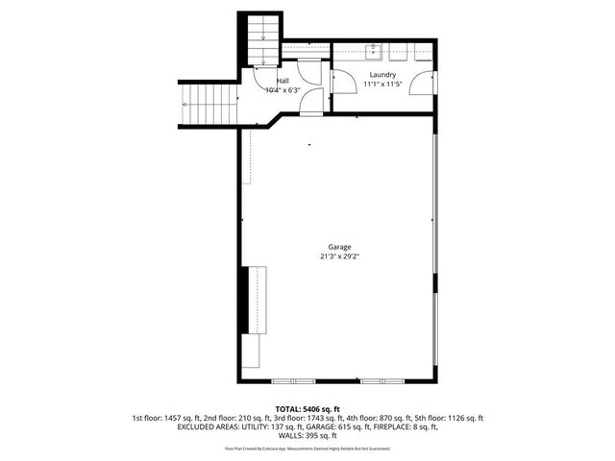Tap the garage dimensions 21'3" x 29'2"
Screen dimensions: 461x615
click(x=340, y=256)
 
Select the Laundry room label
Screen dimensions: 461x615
click(x=382, y=74)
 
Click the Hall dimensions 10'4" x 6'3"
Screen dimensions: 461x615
click(x=283, y=90)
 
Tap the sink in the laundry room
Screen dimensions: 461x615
click(x=375, y=52)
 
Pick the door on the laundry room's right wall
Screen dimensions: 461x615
click(x=420, y=84)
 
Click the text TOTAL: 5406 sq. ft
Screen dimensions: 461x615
click(x=307, y=408)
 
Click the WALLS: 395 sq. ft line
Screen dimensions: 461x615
click(x=307, y=437)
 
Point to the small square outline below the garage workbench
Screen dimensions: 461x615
click(x=254, y=352)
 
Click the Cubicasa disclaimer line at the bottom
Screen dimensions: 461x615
click(x=307, y=449)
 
